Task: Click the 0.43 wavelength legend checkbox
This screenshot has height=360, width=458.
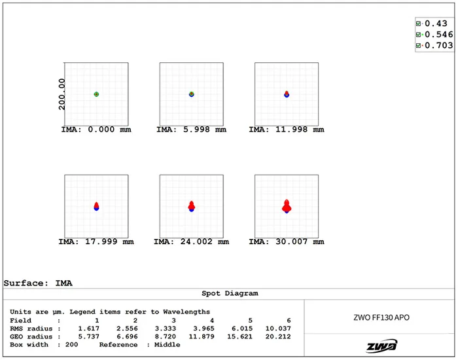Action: [419, 24]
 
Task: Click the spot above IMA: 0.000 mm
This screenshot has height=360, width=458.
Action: [96, 94]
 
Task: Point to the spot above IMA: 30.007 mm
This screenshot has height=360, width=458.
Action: [286, 206]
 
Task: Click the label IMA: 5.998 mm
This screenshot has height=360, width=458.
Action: [191, 130]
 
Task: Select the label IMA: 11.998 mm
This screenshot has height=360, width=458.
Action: [286, 130]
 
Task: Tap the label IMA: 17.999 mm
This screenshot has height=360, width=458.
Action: [96, 242]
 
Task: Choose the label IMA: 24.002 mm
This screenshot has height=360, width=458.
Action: [191, 242]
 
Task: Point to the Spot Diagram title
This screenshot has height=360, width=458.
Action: [228, 294]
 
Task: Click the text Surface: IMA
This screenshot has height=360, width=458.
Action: [38, 283]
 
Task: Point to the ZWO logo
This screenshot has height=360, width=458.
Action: [380, 346]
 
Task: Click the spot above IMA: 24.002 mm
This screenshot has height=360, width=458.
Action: [191, 206]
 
